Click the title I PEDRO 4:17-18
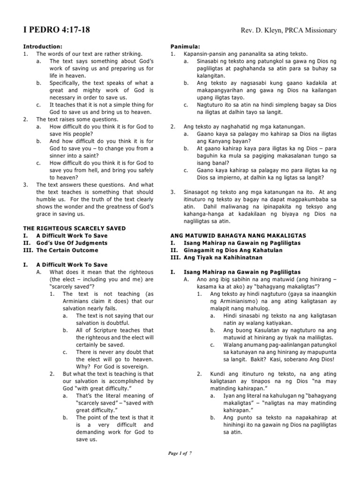(57, 30)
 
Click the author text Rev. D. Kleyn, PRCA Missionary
(288, 31)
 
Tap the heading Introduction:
(43, 47)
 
